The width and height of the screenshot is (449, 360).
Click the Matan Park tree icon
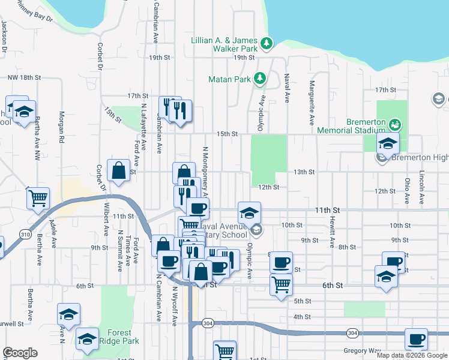260,79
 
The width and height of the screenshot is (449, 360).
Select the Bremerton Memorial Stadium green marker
394,125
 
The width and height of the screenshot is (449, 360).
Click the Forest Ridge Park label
123,337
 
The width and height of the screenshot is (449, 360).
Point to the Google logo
20,353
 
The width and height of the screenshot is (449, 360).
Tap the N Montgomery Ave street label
205,172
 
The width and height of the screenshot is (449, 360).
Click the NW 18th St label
24,77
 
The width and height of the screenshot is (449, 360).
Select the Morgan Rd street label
61,127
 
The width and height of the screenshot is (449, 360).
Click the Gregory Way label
363,350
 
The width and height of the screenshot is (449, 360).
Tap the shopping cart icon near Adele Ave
38,197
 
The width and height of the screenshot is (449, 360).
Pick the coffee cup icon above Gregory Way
416,339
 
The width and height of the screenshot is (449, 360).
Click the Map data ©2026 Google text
411,355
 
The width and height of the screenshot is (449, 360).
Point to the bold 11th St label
328,211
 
